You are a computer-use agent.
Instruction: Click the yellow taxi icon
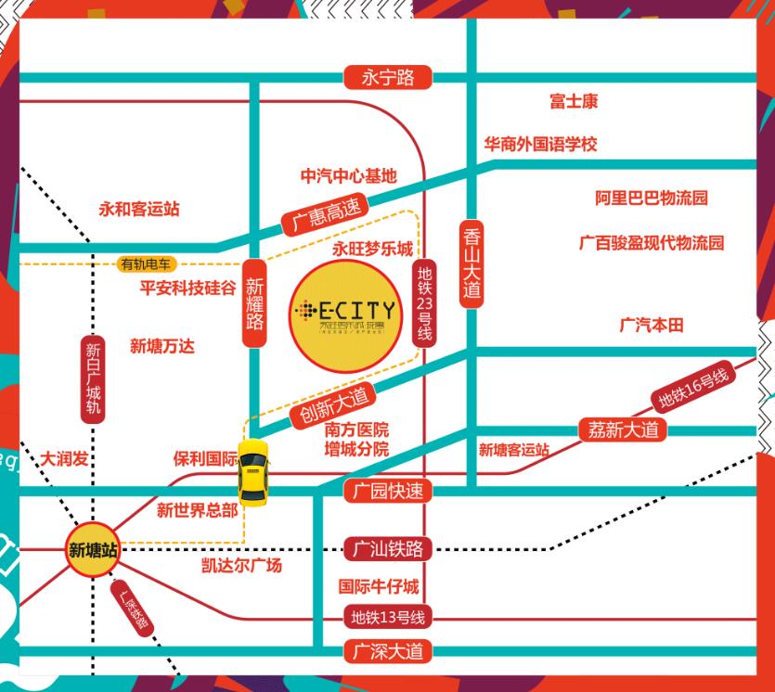coord(253,470)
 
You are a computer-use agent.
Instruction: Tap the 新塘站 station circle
coord(93,549)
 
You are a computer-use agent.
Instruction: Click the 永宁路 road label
coord(388,77)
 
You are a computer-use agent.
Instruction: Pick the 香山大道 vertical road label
coord(472,263)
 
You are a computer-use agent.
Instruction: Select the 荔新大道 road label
coord(623,429)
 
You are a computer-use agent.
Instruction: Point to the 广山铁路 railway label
coord(388,549)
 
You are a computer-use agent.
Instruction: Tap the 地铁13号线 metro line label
coord(388,615)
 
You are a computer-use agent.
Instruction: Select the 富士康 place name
coord(573,100)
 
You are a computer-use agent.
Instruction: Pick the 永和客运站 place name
coord(139,209)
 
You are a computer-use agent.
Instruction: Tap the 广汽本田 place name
coord(651,325)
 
